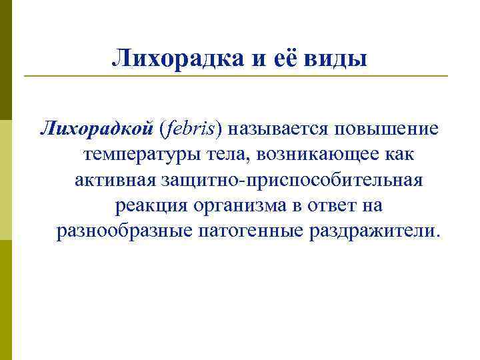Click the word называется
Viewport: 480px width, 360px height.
[288, 128]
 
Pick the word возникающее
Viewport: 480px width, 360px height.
[320, 154]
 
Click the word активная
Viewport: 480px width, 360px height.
[113, 180]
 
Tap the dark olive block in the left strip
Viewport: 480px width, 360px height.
[6, 60]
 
